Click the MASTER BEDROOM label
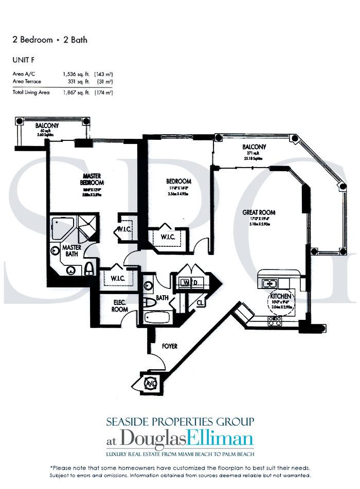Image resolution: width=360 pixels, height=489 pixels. [93, 179]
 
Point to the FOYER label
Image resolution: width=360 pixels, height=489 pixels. [169, 347]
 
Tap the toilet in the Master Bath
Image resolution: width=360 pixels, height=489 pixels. [91, 267]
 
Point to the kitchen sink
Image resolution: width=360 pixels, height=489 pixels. [270, 283]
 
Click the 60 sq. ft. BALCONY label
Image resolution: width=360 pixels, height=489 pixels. [47, 125]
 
